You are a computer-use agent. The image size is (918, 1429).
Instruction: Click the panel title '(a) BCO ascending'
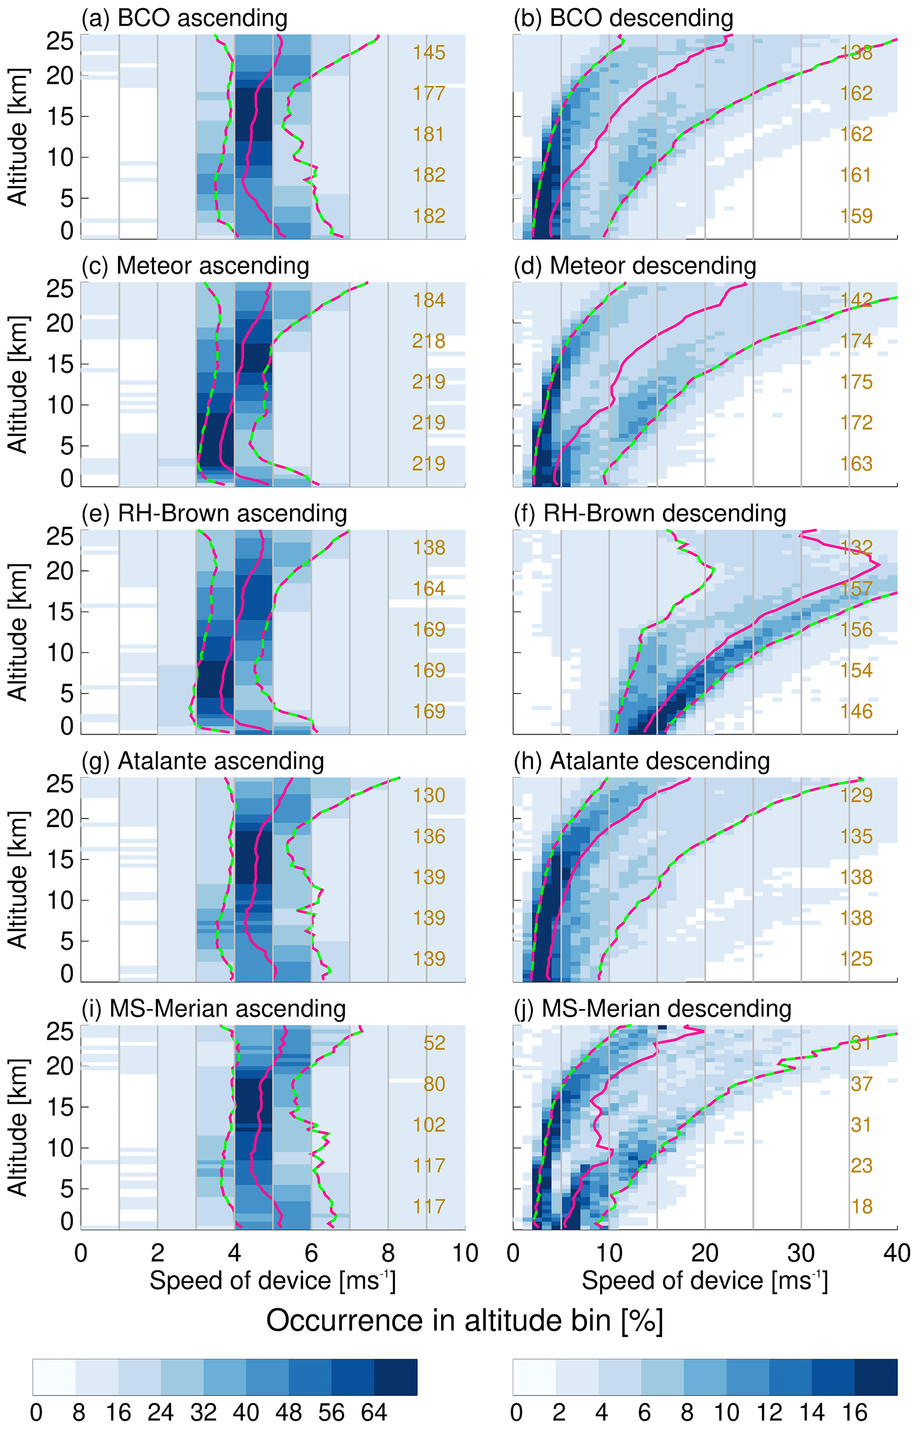click(x=184, y=19)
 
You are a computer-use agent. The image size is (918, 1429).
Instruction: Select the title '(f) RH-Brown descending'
click(x=650, y=514)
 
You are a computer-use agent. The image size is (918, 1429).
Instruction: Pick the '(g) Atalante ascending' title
click(x=203, y=761)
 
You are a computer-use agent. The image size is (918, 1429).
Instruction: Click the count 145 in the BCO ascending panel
click(x=429, y=53)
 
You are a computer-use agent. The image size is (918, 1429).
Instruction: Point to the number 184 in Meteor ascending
click(x=429, y=300)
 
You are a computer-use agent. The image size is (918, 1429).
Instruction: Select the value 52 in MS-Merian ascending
click(x=434, y=1043)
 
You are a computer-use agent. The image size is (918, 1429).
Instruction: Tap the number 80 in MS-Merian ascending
click(x=434, y=1084)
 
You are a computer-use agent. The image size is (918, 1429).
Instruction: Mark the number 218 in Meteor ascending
click(x=429, y=341)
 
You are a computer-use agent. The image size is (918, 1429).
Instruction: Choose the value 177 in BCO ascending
click(x=429, y=94)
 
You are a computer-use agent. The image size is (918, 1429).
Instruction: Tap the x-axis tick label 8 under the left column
click(x=388, y=1254)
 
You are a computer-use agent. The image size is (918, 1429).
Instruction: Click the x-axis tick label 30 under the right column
click(x=801, y=1254)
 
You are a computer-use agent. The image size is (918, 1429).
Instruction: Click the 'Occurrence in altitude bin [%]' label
click(x=465, y=1321)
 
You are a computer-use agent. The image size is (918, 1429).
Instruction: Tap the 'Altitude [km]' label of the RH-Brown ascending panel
click(x=18, y=632)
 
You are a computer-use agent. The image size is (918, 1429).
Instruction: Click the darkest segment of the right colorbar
click(x=876, y=1377)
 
